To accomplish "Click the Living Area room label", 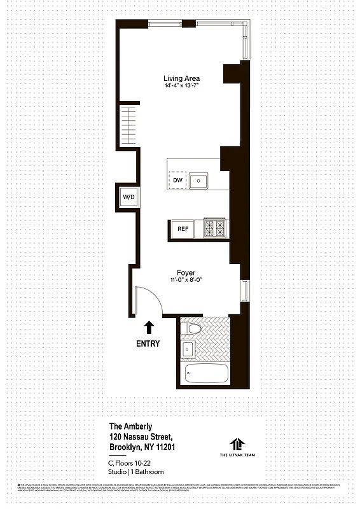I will tap(182, 78).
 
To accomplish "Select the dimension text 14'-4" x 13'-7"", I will tap(182, 87).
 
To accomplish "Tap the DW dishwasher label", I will tap(177, 181).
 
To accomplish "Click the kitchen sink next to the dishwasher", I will tap(199, 181).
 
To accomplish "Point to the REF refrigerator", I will tap(183, 228).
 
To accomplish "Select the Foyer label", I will tap(186, 272).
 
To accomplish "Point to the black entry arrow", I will tap(149, 328).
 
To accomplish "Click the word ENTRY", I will tap(148, 344).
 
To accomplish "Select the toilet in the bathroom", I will tap(193, 330).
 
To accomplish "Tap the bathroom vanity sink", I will tap(188, 349).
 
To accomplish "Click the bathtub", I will tap(205, 374).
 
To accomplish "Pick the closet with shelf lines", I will tap(128, 126).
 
